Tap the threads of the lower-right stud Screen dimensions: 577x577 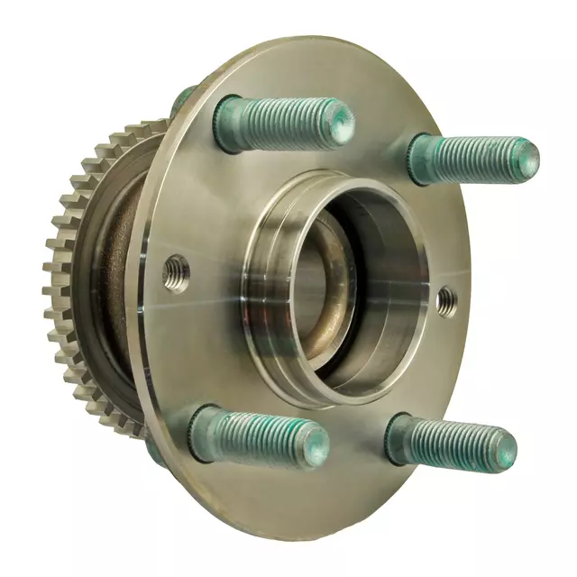click(451, 443)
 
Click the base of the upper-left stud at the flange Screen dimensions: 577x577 click(227, 124)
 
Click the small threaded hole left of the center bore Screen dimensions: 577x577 click(176, 271)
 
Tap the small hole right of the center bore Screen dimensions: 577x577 click(444, 300)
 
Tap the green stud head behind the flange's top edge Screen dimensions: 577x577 click(182, 97)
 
